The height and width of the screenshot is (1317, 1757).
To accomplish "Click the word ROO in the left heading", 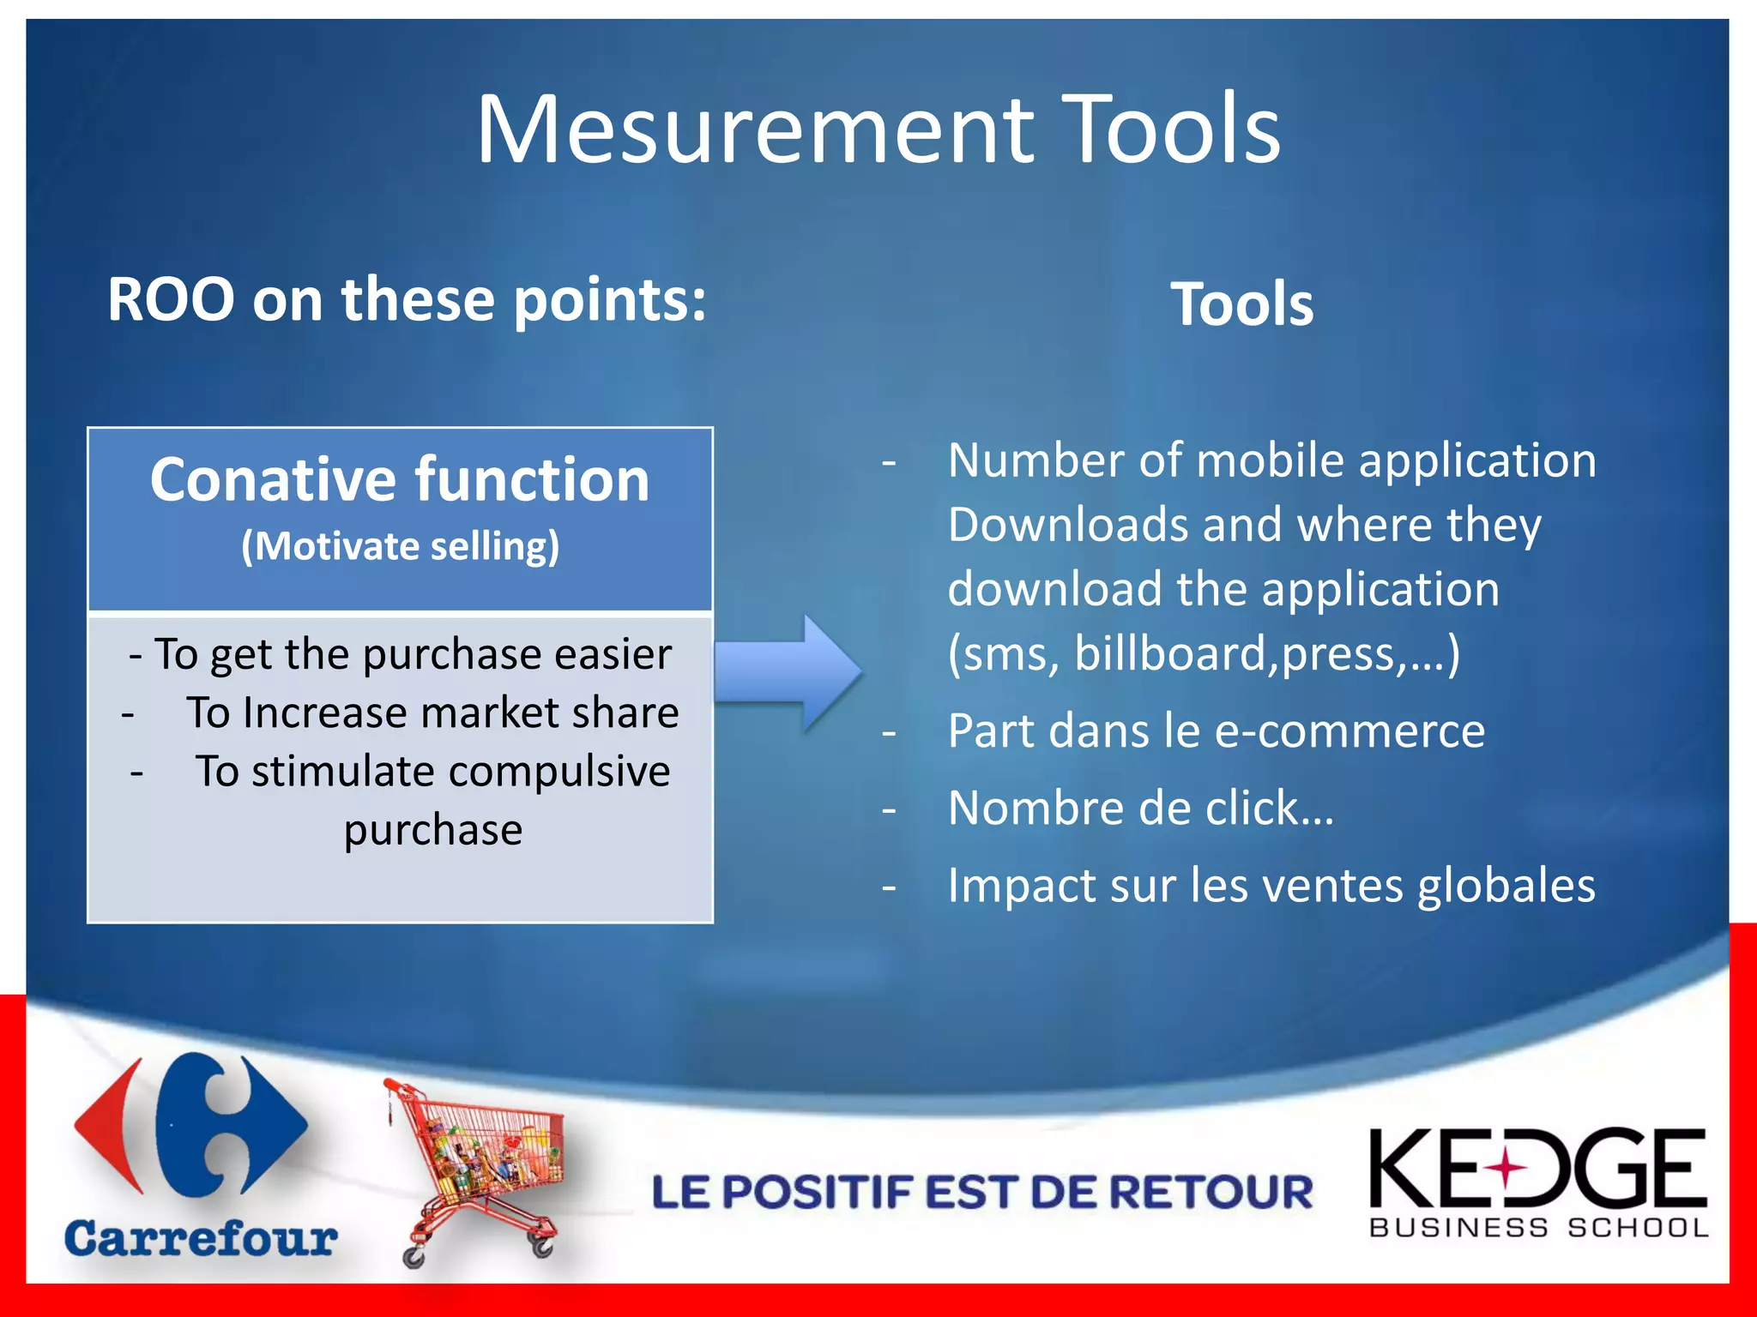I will (x=171, y=300).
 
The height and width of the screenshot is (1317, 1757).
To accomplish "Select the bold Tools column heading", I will (x=1241, y=304).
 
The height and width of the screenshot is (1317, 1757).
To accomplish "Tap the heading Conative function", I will (x=400, y=480).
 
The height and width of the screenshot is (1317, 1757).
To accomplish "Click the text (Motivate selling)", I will (x=400, y=547).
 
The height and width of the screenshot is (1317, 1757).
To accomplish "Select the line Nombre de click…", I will (x=1140, y=809).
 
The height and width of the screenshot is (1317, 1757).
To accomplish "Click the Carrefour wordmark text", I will (x=201, y=1239).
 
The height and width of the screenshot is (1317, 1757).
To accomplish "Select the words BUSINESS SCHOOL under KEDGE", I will (x=1538, y=1229).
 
